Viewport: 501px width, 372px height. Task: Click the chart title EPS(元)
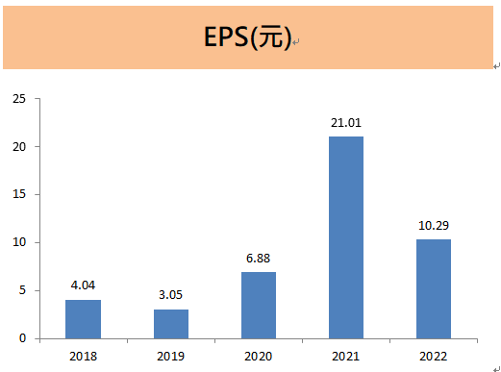tap(247, 37)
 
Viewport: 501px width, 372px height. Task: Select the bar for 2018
tap(83, 319)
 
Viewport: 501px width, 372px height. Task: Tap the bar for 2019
tap(171, 324)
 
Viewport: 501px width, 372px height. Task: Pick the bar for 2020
tap(259, 306)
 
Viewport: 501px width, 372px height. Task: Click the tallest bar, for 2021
tap(346, 237)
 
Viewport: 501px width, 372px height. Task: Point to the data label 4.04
tap(83, 285)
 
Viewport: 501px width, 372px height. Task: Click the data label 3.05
tap(171, 295)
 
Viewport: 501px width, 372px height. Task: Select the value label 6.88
tap(259, 259)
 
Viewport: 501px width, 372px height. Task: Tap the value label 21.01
tap(346, 122)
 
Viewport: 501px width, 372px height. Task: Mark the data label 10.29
tap(434, 226)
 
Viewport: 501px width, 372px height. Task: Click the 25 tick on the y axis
tap(19, 99)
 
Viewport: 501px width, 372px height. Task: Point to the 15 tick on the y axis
tap(19, 194)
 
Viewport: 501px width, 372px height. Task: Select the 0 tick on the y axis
tap(23, 338)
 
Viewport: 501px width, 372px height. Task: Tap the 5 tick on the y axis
tap(23, 290)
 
